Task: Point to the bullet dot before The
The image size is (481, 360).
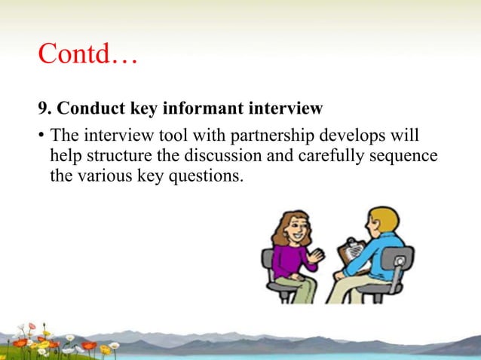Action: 41,138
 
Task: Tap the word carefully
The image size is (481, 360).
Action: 324,157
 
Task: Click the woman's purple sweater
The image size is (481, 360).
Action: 290,260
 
